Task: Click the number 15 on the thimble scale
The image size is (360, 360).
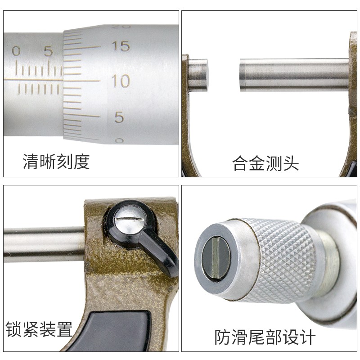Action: pos(121,46)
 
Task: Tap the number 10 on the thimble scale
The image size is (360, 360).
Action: pos(120,81)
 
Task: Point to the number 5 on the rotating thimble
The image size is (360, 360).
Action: pos(119,117)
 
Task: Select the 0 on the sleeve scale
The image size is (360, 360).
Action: pos(16,51)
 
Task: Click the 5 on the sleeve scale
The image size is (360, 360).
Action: pos(48,51)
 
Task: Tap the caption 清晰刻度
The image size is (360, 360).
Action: pos(56,161)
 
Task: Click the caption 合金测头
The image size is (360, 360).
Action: pos(265,162)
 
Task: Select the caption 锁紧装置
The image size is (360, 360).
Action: pos(39,329)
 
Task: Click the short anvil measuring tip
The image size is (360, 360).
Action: pos(198,75)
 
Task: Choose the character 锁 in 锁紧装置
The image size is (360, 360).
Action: pos(13,329)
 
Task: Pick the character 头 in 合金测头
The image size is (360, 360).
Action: pos(291,162)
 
